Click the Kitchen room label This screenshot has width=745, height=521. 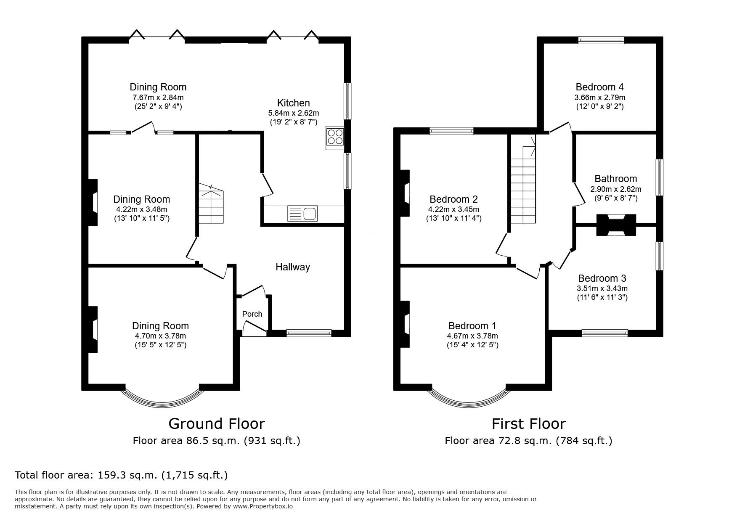[x=293, y=103]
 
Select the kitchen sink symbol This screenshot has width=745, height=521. [x=302, y=214]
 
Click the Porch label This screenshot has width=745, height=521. [x=252, y=314]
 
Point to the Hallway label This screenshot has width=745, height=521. [x=293, y=267]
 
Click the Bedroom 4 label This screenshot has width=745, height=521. [x=599, y=87]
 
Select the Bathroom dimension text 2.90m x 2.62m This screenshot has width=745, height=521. [x=616, y=189]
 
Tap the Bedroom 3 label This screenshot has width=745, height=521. [x=602, y=278]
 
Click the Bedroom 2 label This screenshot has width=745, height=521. [x=453, y=199]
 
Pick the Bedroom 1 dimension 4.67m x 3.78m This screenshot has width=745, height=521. [x=472, y=336]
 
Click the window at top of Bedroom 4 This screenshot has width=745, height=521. [x=601, y=40]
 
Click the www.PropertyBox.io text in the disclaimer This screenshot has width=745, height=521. [x=263, y=506]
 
